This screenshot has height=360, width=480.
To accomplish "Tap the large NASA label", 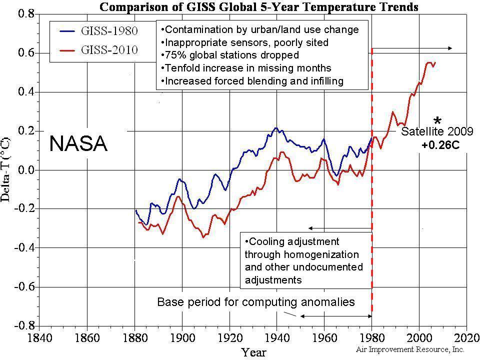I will point(78,144).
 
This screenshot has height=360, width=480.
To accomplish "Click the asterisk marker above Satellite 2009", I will point(437,121).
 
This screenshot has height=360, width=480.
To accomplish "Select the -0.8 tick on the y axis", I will point(25,325).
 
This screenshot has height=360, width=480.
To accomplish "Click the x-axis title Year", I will point(254,352).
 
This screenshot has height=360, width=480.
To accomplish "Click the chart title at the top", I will point(258,7).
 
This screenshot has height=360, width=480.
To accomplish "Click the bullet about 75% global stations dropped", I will point(229,55).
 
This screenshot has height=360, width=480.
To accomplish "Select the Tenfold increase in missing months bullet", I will point(245,68).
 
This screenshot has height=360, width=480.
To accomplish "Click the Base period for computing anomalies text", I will point(256,302).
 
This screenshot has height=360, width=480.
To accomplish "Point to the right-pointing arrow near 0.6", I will point(412,48).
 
